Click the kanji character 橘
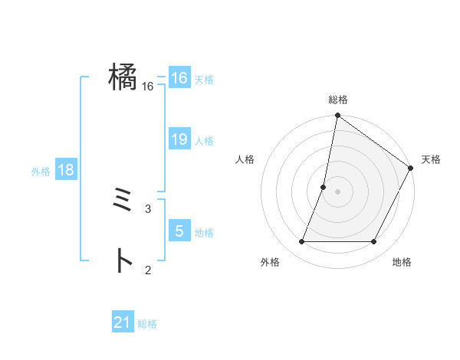click(x=123, y=77)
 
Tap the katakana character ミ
click(x=123, y=202)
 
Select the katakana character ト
click(x=123, y=261)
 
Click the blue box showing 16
click(x=179, y=78)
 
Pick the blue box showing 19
click(x=179, y=139)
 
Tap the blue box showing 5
click(x=179, y=231)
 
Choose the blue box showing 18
click(x=66, y=170)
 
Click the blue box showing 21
click(x=123, y=322)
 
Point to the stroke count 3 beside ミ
click(x=148, y=208)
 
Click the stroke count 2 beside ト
click(x=148, y=269)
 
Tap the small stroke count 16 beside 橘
click(x=148, y=87)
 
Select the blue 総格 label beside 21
click(x=147, y=324)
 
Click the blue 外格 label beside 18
click(x=41, y=172)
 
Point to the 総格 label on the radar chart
click(x=337, y=100)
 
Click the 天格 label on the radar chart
click(x=431, y=159)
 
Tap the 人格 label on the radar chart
click(x=245, y=159)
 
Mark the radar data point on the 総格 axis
click(x=337, y=116)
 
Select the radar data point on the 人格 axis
click(x=324, y=187)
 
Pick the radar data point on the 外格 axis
click(x=302, y=241)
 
